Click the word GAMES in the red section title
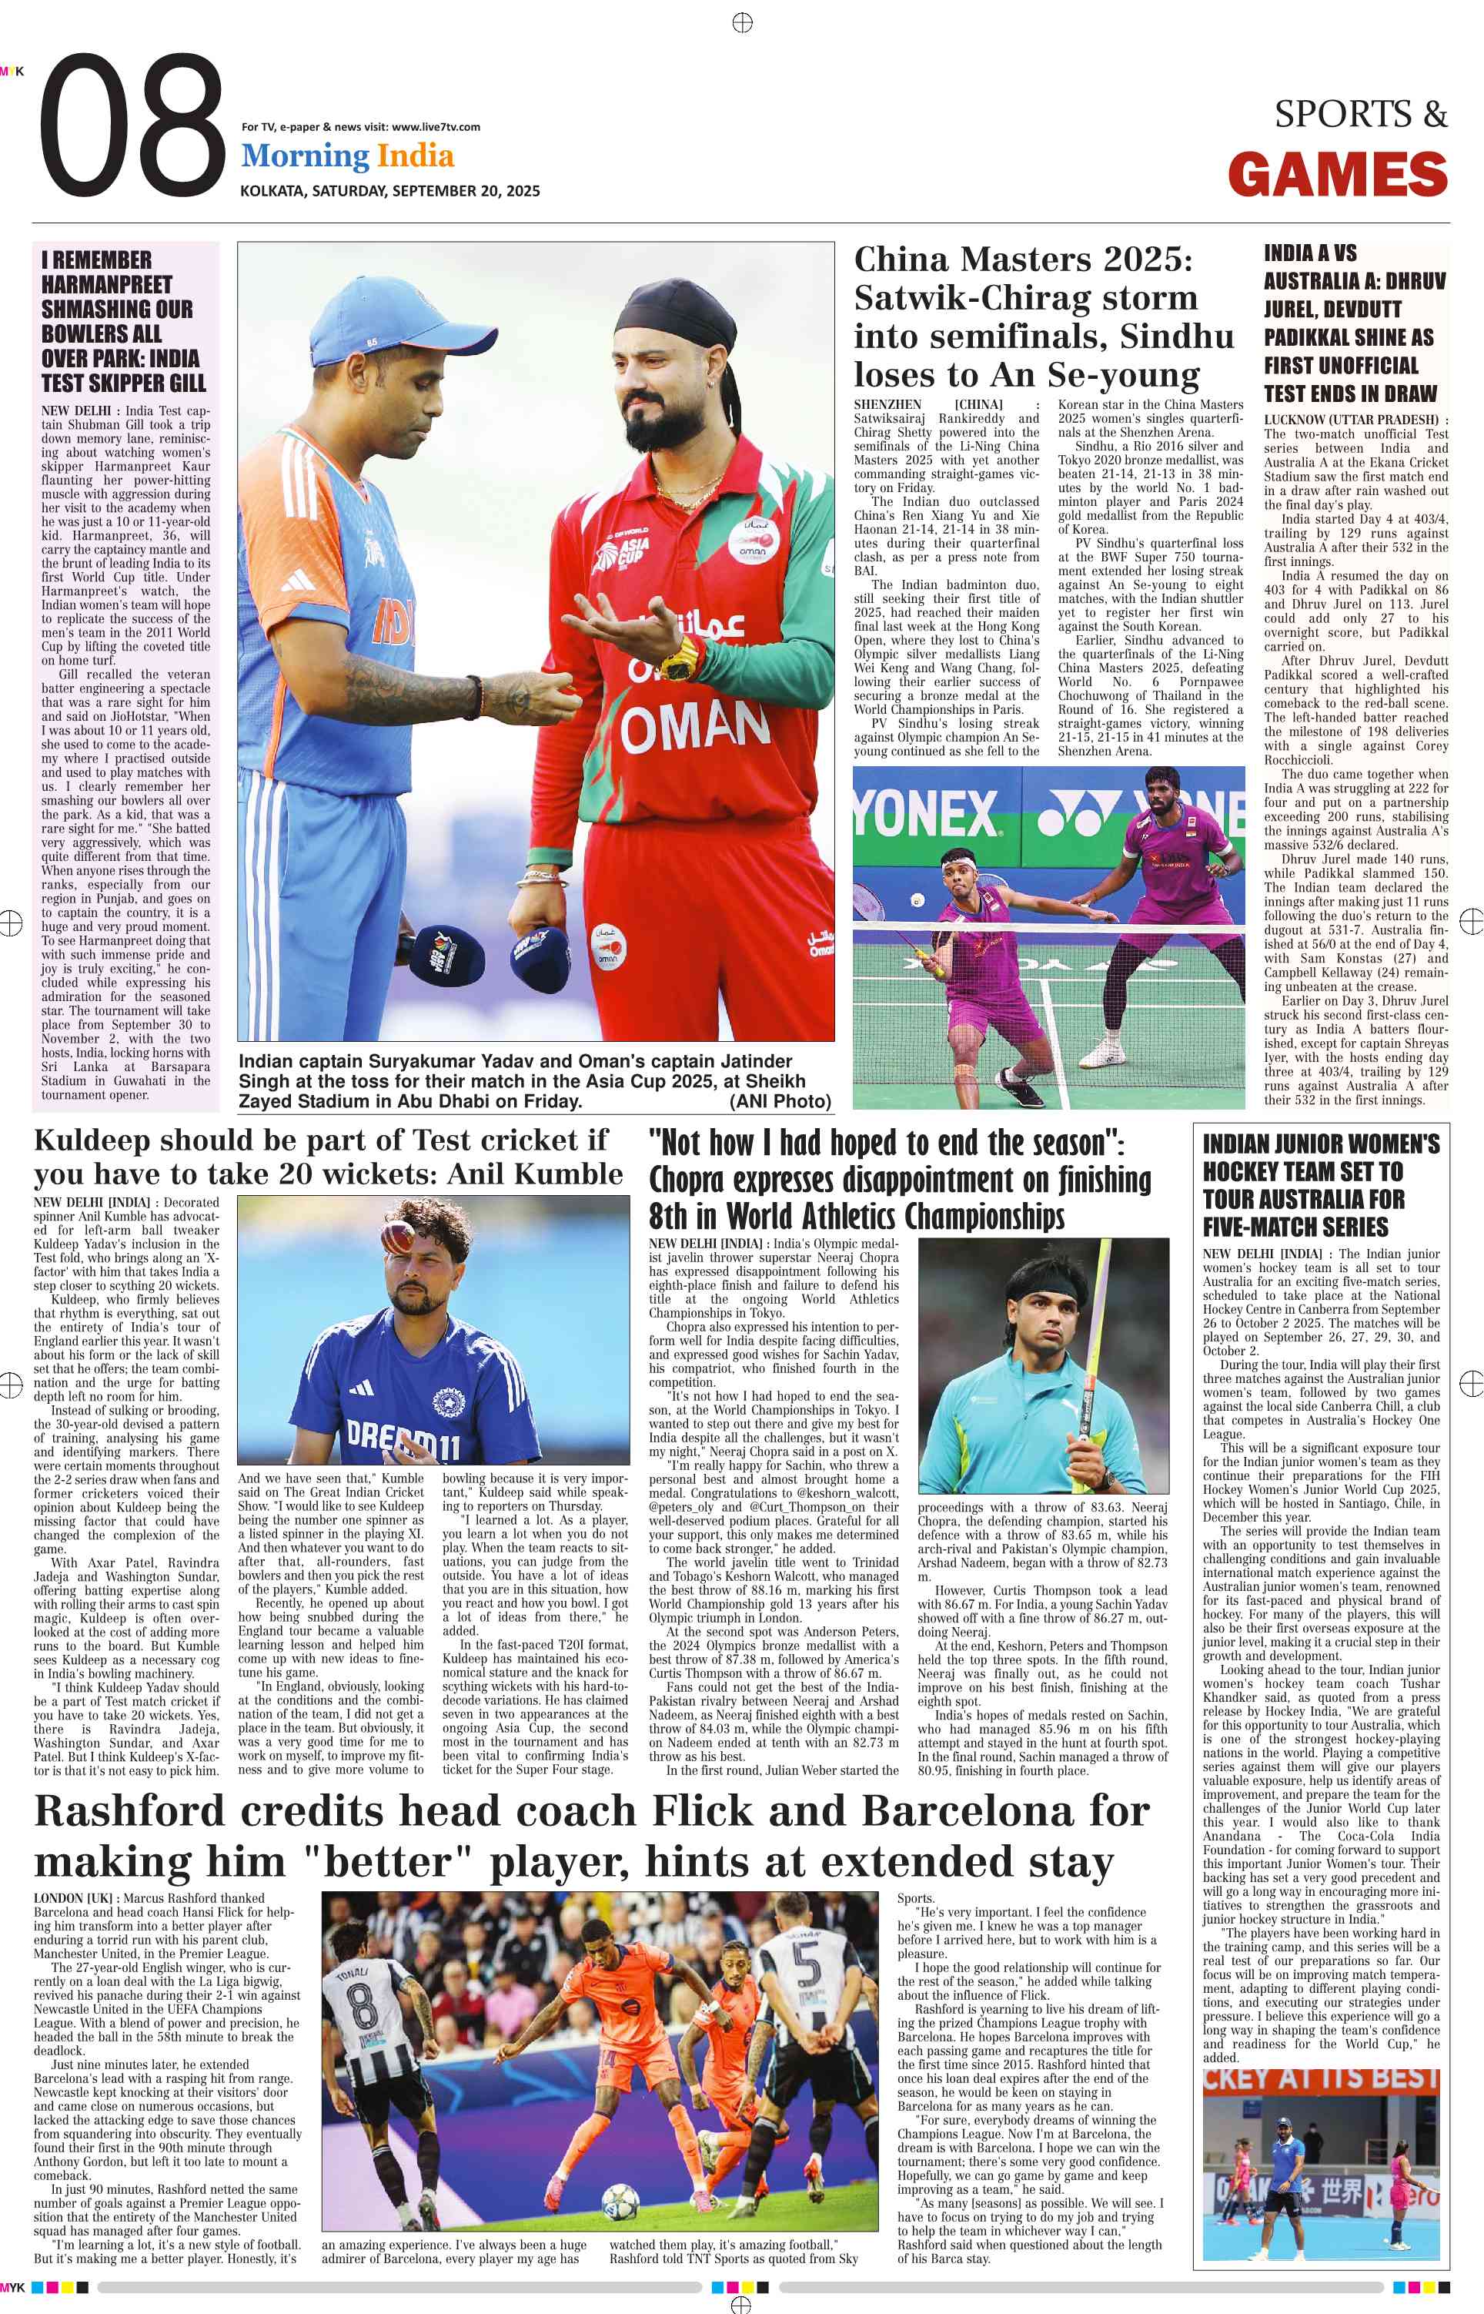click(x=1338, y=176)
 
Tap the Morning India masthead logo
click(x=347, y=156)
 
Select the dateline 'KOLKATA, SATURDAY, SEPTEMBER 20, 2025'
click(x=389, y=191)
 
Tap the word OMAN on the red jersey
click(x=695, y=727)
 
